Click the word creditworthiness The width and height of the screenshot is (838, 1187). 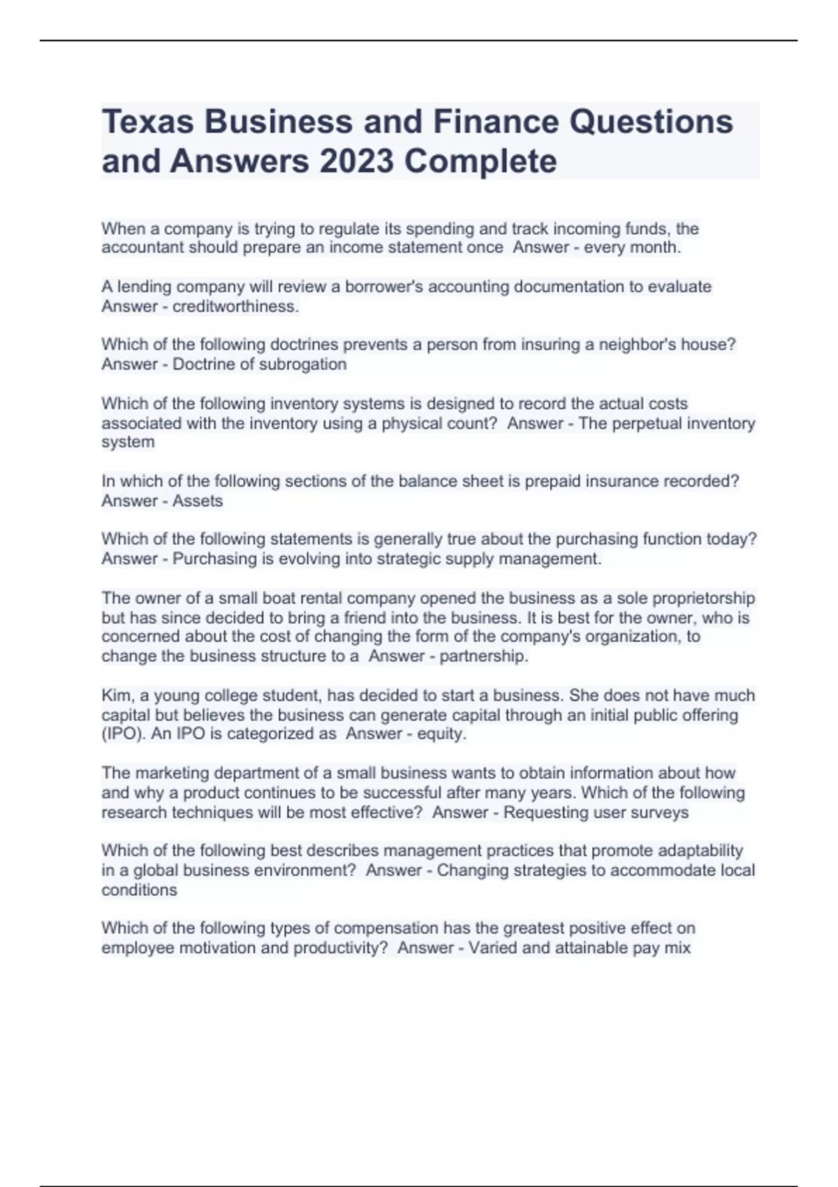pyautogui.click(x=235, y=307)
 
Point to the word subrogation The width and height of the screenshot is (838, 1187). pyautogui.click(x=302, y=364)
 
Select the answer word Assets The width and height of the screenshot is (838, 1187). pyautogui.click(x=198, y=501)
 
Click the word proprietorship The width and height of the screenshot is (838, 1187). pyautogui.click(x=698, y=598)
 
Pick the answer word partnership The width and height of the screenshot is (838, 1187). pyautogui.click(x=483, y=656)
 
